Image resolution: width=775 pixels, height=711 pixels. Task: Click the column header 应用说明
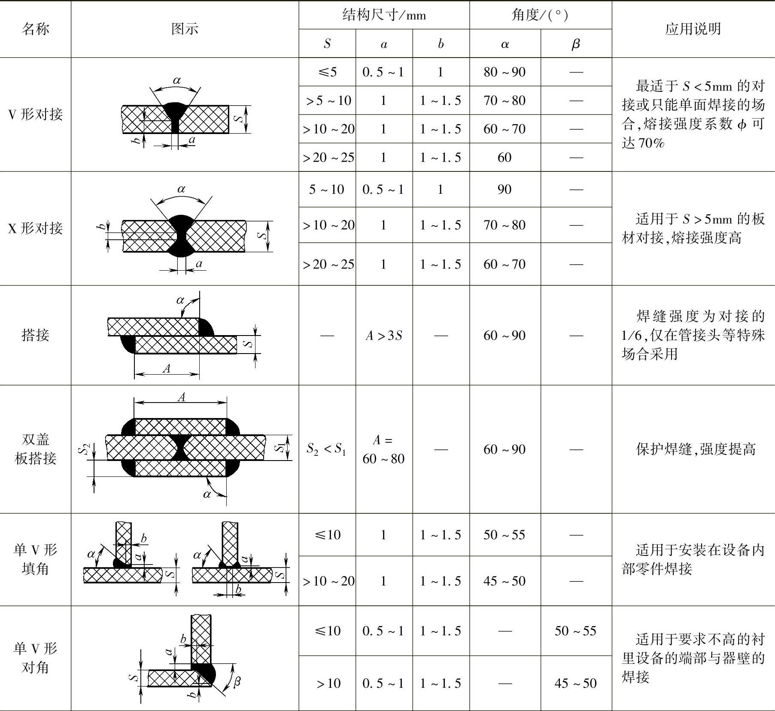(693, 29)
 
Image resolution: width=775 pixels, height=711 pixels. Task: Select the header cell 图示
(185, 29)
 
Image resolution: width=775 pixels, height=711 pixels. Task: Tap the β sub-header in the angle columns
(576, 44)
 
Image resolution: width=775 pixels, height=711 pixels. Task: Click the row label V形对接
(35, 114)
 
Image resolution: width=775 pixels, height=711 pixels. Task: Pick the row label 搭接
(35, 335)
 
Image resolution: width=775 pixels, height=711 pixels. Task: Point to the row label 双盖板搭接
(35, 449)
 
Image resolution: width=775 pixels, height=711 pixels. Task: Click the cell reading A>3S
(384, 335)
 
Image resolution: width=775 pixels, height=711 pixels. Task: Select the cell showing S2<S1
(327, 449)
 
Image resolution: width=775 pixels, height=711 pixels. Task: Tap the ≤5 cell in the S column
(327, 72)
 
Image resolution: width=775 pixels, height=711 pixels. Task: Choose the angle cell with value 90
(505, 189)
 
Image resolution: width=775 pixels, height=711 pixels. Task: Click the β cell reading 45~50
(576, 683)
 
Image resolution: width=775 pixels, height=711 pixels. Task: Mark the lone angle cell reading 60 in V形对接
(505, 158)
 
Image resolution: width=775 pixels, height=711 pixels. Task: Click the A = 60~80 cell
(383, 449)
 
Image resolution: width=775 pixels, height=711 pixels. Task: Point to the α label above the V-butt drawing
(177, 80)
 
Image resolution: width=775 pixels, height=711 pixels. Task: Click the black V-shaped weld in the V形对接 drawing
(174, 113)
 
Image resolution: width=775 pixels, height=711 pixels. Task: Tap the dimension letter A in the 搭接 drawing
(167, 368)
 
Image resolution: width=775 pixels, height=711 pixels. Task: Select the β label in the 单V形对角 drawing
(237, 681)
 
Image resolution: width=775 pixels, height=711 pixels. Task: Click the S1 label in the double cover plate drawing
(279, 447)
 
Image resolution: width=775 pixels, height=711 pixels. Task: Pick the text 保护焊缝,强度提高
(695, 449)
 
